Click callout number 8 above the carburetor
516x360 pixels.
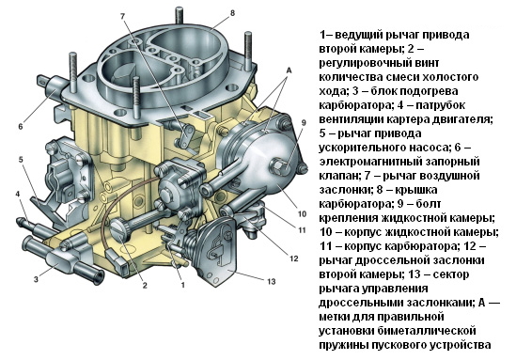tap(233, 13)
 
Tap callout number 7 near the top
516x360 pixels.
tap(123, 17)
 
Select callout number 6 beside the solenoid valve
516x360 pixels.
tap(21, 126)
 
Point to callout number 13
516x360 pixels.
tap(272, 281)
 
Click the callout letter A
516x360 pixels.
tap(289, 70)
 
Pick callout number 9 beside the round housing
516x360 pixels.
tap(304, 123)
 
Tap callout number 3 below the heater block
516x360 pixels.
tap(36, 279)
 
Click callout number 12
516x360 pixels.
tap(293, 258)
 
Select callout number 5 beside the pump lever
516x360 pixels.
tap(21, 160)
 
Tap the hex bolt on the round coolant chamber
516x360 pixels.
tap(280, 165)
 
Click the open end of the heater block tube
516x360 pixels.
tap(98, 277)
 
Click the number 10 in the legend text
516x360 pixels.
tap(326, 232)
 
